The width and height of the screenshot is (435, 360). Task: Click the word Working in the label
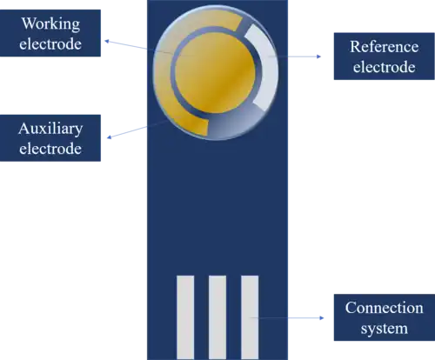(50, 23)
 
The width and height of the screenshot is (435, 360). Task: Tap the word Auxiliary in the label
(50, 130)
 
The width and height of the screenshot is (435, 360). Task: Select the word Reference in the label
(385, 46)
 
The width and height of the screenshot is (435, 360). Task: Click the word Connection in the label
(385, 308)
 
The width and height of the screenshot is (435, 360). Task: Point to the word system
(385, 329)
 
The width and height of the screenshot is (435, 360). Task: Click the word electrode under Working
(50, 44)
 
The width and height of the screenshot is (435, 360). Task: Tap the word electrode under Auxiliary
(50, 149)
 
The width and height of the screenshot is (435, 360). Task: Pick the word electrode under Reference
(385, 67)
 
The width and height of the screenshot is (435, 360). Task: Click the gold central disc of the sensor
(216, 72)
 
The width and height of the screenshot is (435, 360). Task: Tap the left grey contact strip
(185, 317)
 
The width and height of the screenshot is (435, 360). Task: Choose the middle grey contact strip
(217, 317)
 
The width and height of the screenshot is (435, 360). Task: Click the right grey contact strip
(250, 317)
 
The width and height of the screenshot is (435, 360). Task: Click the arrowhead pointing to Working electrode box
(107, 41)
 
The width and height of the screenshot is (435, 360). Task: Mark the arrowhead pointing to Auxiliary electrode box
(110, 137)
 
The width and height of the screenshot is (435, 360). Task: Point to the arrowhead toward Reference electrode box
(319, 57)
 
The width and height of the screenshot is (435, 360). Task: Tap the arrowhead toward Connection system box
(321, 318)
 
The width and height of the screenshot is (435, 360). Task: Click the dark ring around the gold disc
(173, 72)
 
